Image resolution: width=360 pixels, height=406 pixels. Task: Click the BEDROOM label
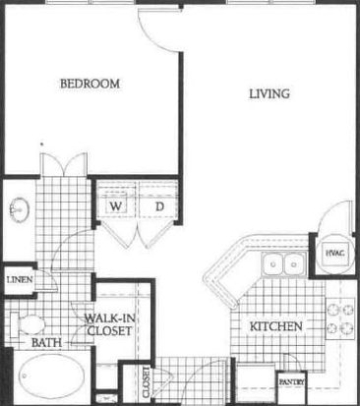tap(90, 84)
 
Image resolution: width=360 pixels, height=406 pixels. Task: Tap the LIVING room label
tap(270, 94)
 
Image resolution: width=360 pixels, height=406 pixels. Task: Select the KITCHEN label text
tap(276, 326)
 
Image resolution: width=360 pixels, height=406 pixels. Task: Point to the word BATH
tap(47, 343)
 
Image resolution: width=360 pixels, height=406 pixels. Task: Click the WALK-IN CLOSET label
tap(110, 324)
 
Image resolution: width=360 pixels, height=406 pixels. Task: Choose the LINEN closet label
tap(20, 280)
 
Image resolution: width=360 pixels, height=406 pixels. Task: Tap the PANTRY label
tap(291, 381)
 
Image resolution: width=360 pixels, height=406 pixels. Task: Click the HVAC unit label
tap(335, 253)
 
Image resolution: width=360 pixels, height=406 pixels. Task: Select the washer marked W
tap(116, 206)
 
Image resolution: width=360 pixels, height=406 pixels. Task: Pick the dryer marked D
tap(159, 206)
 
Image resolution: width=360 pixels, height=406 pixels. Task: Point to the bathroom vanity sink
tap(19, 209)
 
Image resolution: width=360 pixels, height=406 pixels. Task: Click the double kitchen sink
tap(284, 263)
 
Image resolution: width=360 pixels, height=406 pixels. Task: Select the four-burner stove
tap(340, 319)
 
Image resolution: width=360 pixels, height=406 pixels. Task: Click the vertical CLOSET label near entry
tap(147, 382)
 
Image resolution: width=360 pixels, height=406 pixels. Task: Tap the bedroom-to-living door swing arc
tap(154, 37)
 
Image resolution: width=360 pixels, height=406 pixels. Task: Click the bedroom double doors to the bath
tap(64, 164)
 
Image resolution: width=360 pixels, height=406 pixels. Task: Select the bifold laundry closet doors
tap(138, 234)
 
